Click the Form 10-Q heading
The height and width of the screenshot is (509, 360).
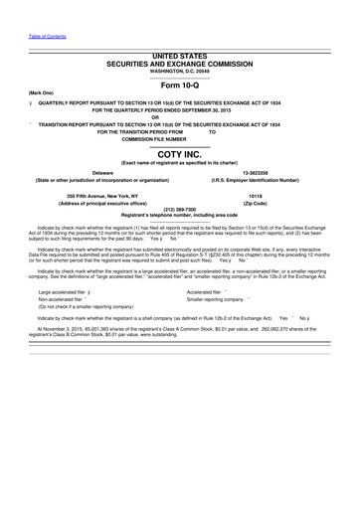coord(179,87)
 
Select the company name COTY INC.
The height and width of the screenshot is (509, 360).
coord(179,154)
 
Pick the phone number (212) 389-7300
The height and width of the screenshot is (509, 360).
coord(179,209)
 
